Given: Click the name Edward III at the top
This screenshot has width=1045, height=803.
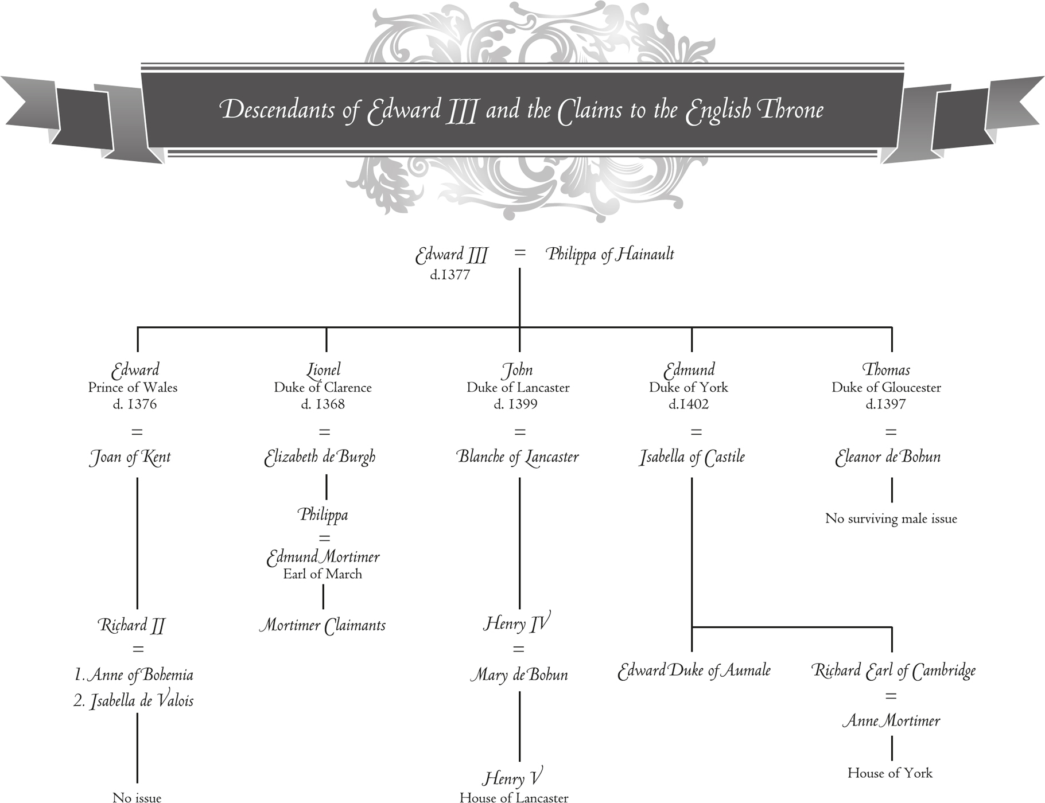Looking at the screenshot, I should tap(451, 255).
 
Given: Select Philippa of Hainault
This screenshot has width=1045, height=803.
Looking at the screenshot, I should tap(609, 254).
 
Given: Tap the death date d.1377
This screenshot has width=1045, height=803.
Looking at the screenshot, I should tap(450, 275).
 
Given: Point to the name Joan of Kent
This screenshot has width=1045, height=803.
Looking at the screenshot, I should tap(130, 457).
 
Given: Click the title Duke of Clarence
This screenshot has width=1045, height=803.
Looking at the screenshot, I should tap(323, 388).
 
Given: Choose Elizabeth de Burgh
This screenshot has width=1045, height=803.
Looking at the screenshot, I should tap(320, 457).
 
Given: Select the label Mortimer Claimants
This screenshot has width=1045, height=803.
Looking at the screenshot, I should tap(322, 625).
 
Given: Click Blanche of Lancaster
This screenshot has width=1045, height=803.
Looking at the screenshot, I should tap(518, 457).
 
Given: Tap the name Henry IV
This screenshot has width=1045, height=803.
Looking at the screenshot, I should tap(516, 623).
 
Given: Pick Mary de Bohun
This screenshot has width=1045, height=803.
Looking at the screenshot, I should tap(519, 675).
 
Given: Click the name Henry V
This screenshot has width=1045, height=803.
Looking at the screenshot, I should tap(512, 778).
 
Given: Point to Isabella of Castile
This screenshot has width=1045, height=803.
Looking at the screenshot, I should tap(692, 457).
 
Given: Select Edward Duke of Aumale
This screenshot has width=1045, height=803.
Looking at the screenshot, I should tap(694, 671).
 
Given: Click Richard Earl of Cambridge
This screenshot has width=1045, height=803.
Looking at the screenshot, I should tap(893, 671).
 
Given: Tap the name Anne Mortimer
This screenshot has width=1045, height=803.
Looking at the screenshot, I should tap(891, 721).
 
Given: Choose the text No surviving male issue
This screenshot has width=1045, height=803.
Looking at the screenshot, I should tap(891, 519).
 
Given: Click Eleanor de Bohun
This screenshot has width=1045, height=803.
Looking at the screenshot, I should tap(888, 457).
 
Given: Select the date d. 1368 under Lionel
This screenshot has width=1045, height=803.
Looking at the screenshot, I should tap(323, 404).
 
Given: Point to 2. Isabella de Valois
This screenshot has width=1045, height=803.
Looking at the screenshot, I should tap(134, 701).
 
